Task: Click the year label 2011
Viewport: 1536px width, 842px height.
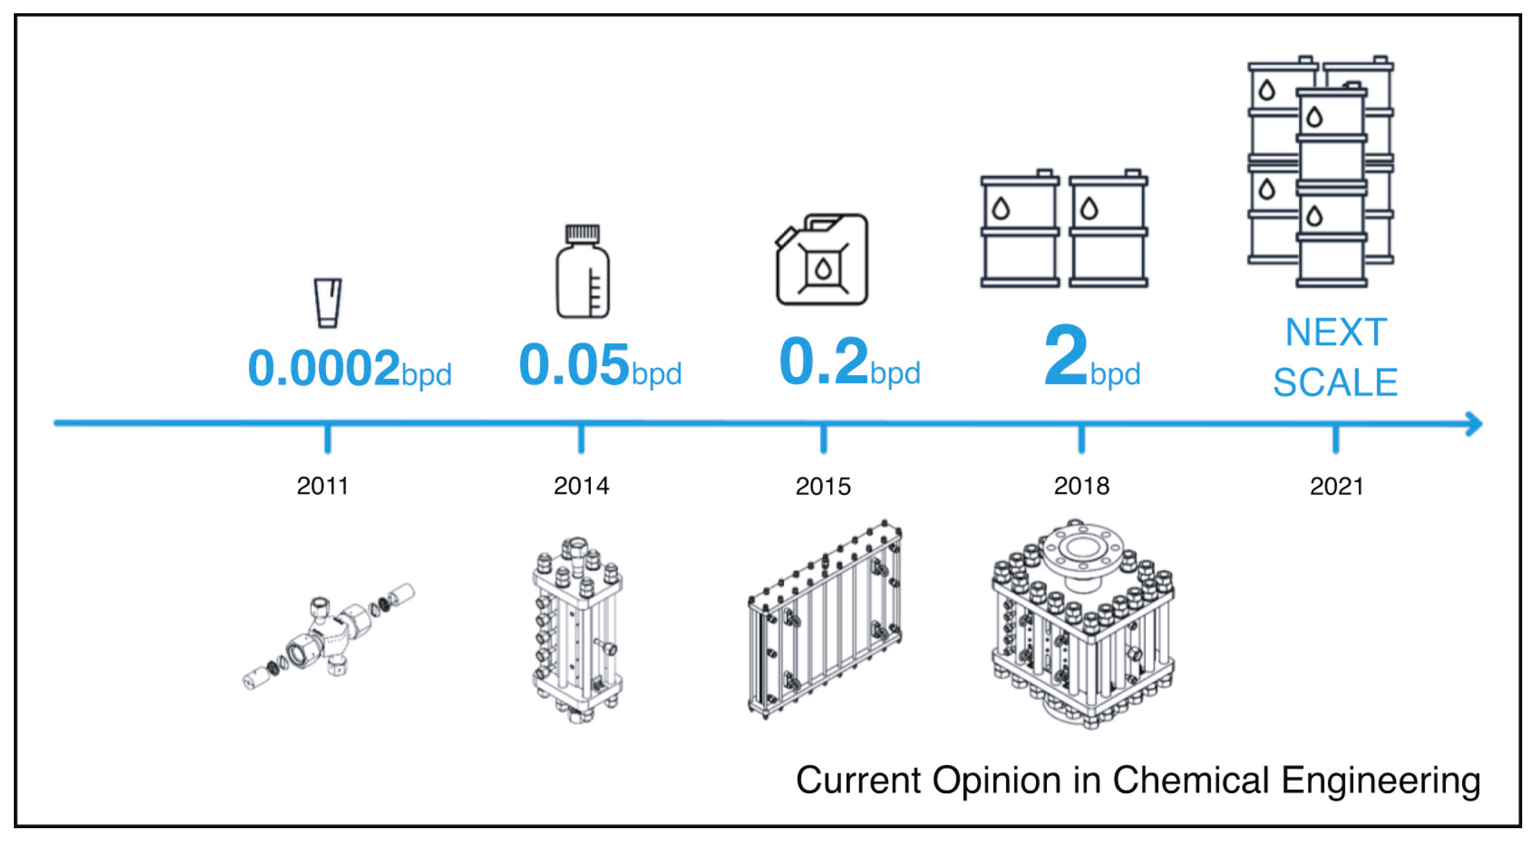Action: pos(322,486)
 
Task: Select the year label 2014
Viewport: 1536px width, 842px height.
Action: pos(581,486)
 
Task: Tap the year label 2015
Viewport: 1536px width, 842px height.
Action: pos(823,486)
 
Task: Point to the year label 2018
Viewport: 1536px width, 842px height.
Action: pos(1081,486)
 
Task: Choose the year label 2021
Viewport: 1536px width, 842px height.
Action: pos(1336,486)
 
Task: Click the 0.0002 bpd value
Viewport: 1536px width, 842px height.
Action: pos(350,368)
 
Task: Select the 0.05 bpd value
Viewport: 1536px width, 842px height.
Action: pos(600,364)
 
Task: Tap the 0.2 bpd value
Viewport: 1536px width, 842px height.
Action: pos(850,361)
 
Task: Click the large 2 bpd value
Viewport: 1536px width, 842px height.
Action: pos(1092,356)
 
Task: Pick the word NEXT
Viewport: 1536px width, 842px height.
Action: pos(1336,332)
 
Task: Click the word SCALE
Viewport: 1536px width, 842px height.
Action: pos(1335,383)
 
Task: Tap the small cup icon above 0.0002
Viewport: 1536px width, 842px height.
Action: pos(328,303)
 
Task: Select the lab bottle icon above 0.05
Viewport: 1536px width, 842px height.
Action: pos(582,271)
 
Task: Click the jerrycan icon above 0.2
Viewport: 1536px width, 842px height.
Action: pos(822,259)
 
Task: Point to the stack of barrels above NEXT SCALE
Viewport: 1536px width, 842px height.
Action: pos(1321,171)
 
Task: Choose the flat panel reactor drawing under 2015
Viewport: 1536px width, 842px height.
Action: pos(825,619)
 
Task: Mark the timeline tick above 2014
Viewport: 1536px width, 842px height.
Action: pos(581,439)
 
